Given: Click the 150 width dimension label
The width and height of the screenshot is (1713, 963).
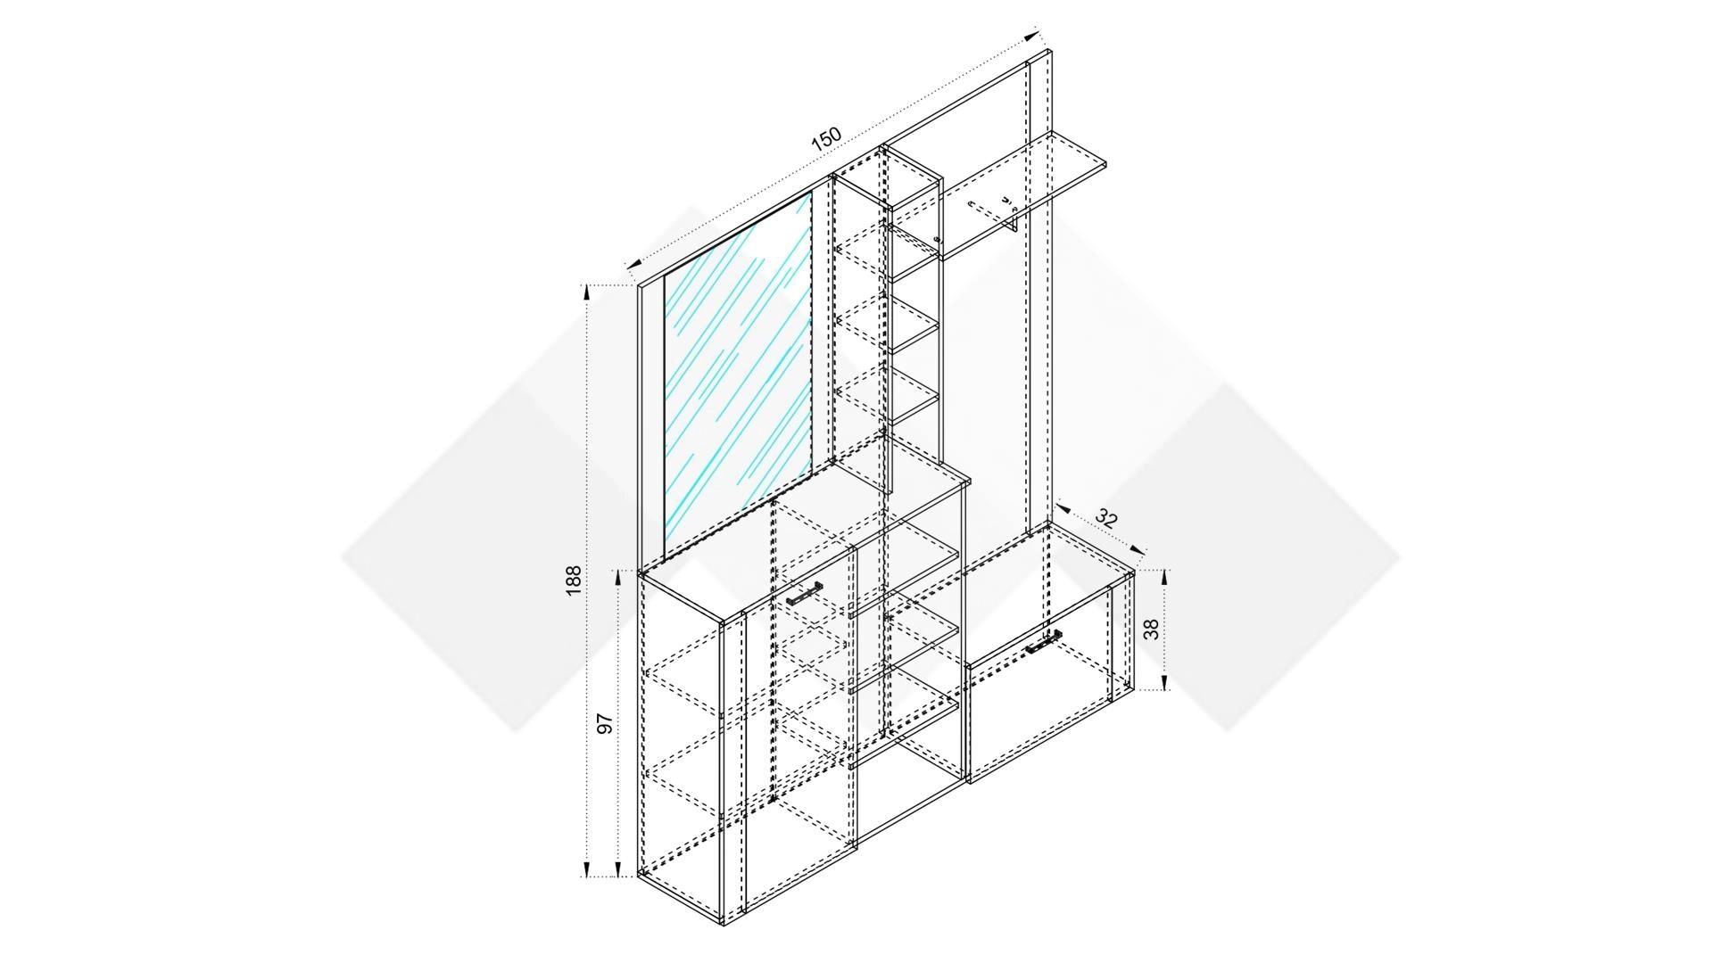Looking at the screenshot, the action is pos(826,139).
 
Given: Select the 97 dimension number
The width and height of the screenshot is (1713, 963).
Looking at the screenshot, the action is pos(605,723).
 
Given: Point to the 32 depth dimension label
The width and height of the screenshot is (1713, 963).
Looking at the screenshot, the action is pos(1106,518).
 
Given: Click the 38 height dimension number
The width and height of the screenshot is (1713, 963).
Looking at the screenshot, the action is pos(1152,630).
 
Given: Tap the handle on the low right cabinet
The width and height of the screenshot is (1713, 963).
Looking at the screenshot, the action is pos(1043,641).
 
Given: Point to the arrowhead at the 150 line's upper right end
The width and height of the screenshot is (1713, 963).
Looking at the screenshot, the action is pos(1032,37).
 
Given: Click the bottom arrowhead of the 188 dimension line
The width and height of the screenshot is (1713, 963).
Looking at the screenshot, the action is pos(586,868).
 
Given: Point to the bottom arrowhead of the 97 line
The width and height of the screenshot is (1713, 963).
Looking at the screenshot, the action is pos(618,868).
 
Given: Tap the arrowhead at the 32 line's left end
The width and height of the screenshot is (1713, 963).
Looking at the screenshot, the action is pos(1063,508).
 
